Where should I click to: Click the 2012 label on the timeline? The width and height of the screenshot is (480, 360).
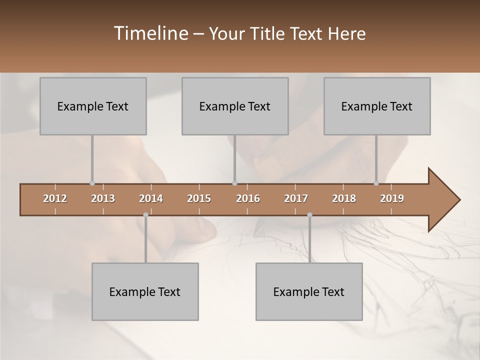pos(55,198)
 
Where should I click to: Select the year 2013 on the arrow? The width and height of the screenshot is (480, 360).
pos(103,198)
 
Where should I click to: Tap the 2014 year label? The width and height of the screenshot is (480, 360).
pos(151,198)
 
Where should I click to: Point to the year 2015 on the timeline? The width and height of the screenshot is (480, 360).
pos(199,198)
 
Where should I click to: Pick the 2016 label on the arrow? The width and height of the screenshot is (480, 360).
pos(248,198)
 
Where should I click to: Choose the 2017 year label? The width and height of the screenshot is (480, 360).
pos(296,198)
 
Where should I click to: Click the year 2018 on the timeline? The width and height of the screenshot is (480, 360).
pos(344,198)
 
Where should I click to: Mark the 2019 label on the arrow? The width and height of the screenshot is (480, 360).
pos(392,198)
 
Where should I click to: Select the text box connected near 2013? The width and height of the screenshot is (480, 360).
pos(93,106)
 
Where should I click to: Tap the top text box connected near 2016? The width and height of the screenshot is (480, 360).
pos(235,106)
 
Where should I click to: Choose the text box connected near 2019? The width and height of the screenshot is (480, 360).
pos(377,106)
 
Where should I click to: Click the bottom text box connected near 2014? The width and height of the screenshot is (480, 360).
pos(145,291)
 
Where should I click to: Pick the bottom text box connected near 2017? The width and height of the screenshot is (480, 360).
pos(309,291)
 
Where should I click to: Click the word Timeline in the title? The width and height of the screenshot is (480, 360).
pos(150,33)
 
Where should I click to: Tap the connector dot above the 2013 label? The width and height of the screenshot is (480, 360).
pos(92,183)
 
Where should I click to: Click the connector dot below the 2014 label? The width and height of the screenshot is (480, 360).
pos(145,215)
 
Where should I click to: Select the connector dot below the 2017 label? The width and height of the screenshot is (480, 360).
pos(309,215)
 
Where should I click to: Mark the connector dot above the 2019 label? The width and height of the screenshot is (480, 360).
pos(376,183)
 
